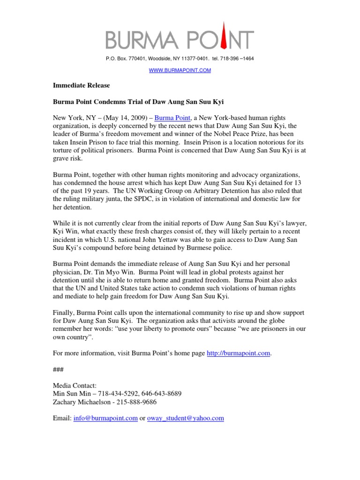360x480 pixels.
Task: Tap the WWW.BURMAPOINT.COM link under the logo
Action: click(180, 70)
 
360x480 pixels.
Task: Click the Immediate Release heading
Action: click(81, 86)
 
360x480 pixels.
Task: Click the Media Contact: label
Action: click(74, 385)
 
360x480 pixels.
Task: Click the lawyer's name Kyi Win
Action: click(65, 232)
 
